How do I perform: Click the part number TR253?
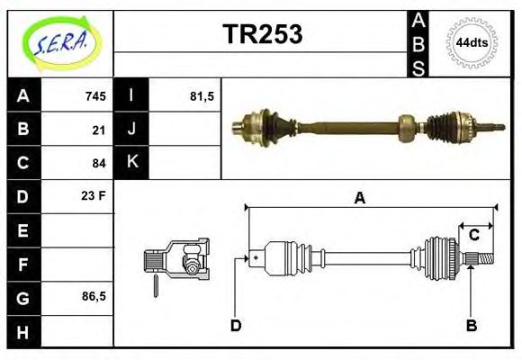262,34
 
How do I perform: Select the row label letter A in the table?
23,96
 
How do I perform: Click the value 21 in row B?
99,130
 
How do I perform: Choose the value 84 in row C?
99,163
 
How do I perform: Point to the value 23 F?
94,195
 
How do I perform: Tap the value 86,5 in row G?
94,296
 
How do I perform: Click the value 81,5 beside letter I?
202,96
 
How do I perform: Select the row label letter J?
131,130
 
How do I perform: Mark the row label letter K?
131,163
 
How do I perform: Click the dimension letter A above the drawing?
359,199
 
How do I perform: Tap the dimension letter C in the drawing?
473,236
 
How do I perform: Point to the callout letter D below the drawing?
236,325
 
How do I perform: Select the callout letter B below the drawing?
471,325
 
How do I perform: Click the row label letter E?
23,230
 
